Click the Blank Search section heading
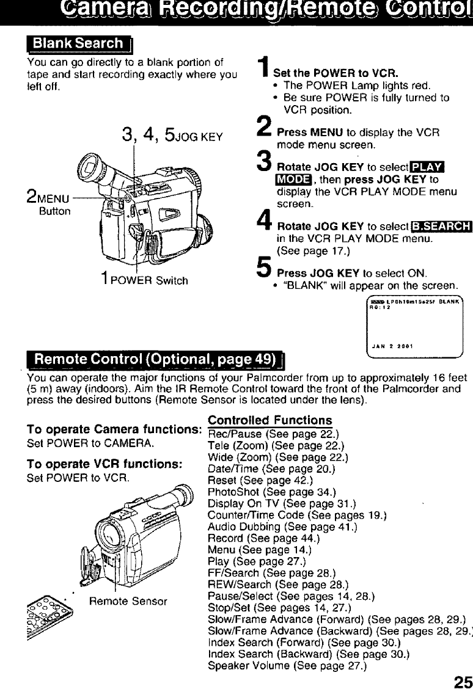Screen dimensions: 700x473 pyautogui.click(x=78, y=44)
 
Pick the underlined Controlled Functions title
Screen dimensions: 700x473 pyautogui.click(x=270, y=420)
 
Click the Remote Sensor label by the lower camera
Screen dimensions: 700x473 pyautogui.click(x=128, y=601)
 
